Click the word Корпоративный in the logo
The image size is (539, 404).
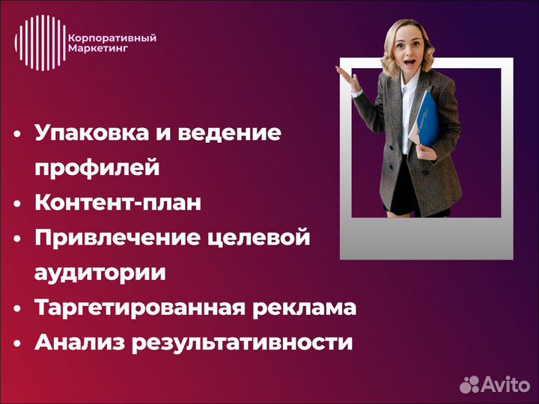tap(112, 38)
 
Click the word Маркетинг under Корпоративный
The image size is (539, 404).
tap(98, 49)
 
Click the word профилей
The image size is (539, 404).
tap(97, 168)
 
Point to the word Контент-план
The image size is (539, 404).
tap(118, 203)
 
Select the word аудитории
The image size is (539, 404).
tap(100, 273)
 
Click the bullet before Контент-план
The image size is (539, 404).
tap(17, 203)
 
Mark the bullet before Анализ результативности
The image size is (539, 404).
tap(17, 343)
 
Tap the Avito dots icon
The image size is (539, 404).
tap(469, 384)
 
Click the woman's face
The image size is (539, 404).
tap(404, 50)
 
